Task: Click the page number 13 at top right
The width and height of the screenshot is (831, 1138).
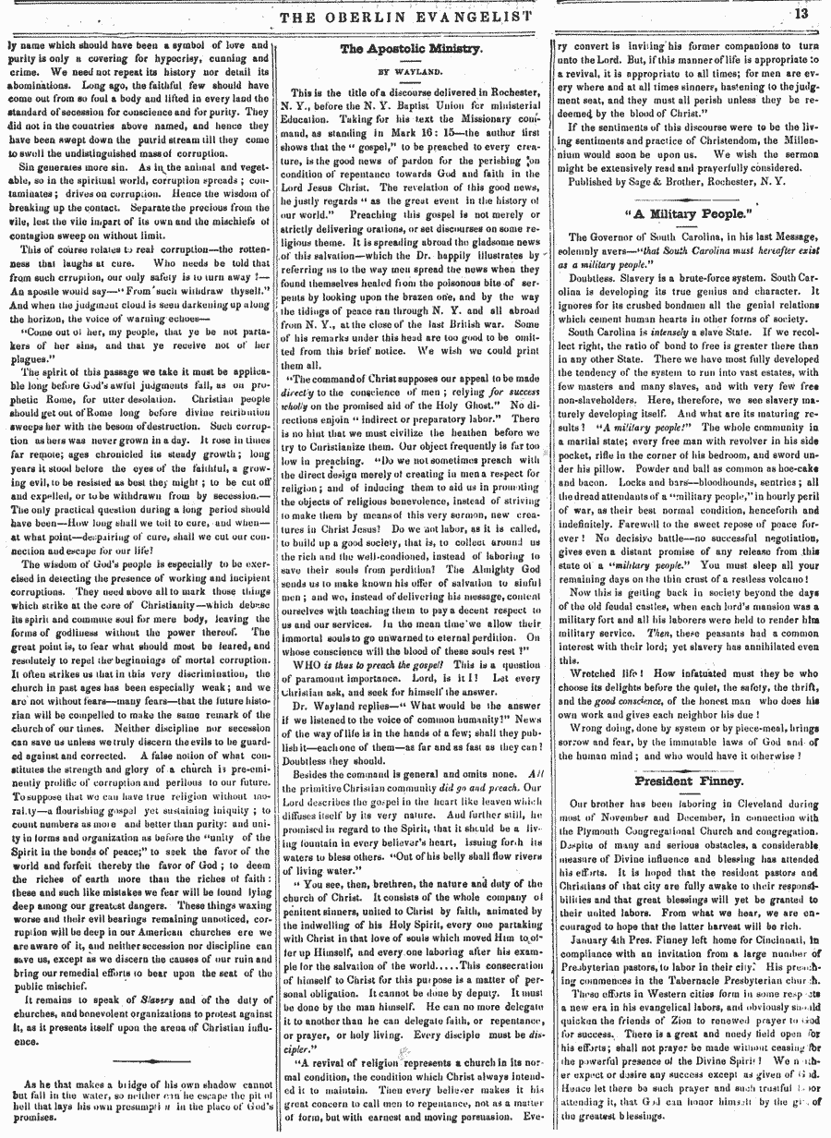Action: [x=800, y=14]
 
